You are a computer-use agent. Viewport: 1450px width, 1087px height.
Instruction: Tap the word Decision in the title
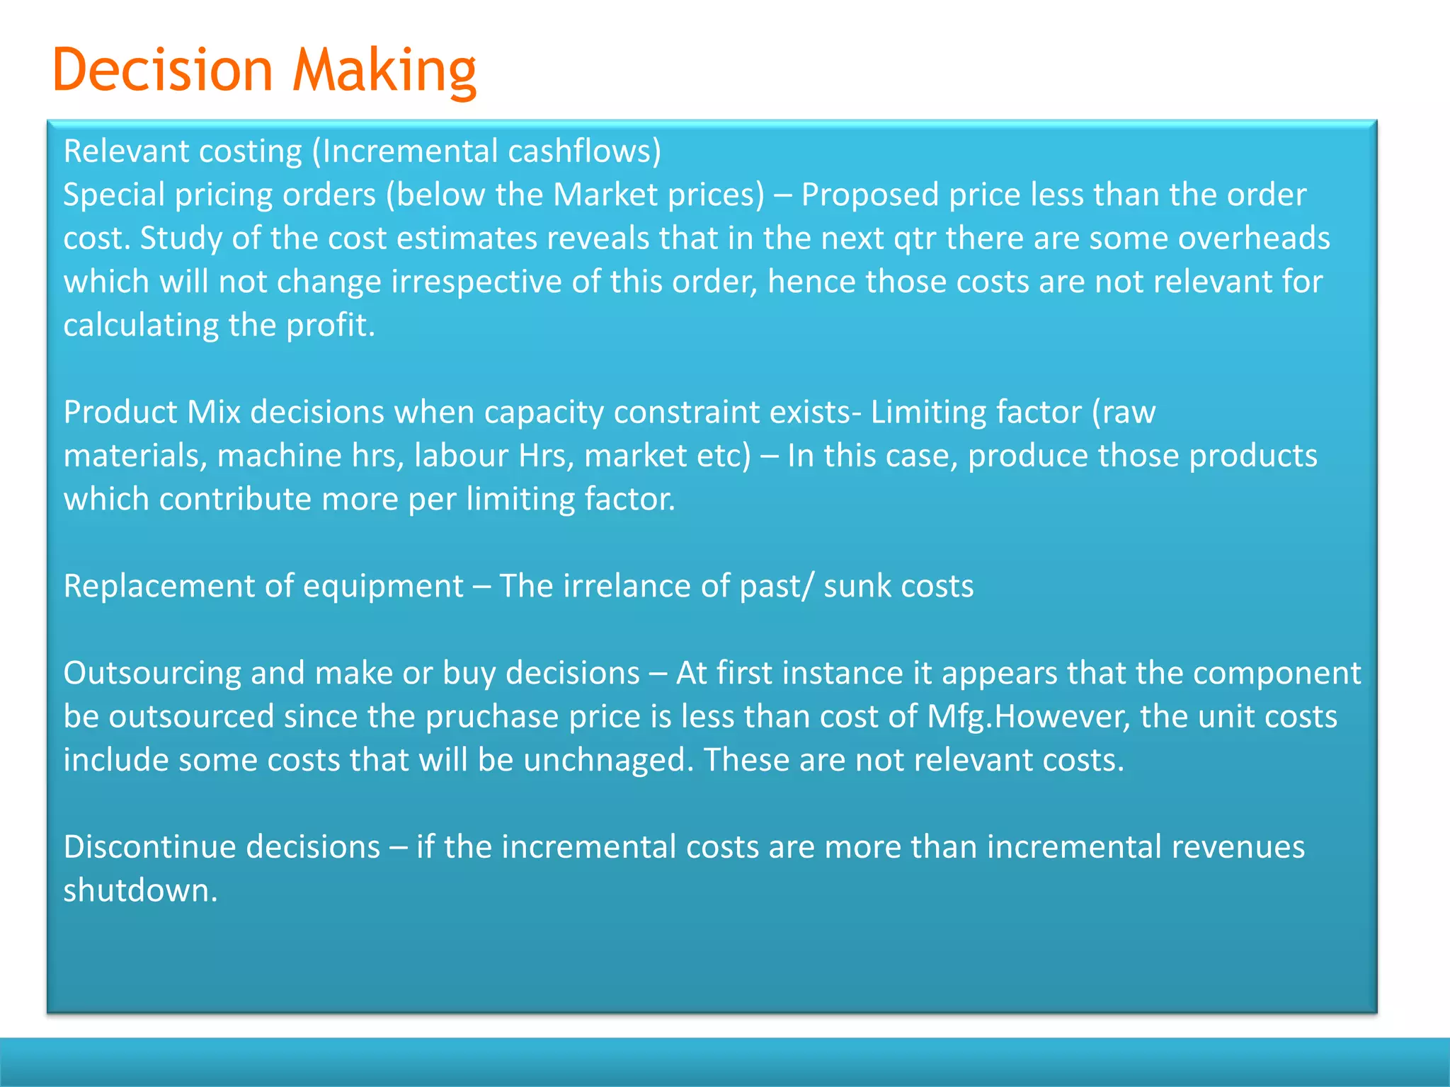point(163,71)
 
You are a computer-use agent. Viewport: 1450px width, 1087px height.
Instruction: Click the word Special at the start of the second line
point(114,195)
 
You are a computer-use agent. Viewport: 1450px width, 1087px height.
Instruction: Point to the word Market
point(605,195)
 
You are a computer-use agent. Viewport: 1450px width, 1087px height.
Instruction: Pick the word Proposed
point(869,195)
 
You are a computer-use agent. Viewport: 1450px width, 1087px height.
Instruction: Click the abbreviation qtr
point(915,239)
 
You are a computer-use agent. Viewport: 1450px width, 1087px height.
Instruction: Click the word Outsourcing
point(152,674)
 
